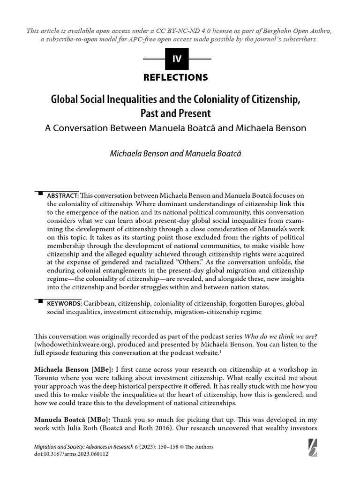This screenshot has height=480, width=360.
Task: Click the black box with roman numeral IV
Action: (177, 59)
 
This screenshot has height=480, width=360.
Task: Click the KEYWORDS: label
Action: (64, 303)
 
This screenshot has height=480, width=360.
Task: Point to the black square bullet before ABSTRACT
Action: (40, 193)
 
